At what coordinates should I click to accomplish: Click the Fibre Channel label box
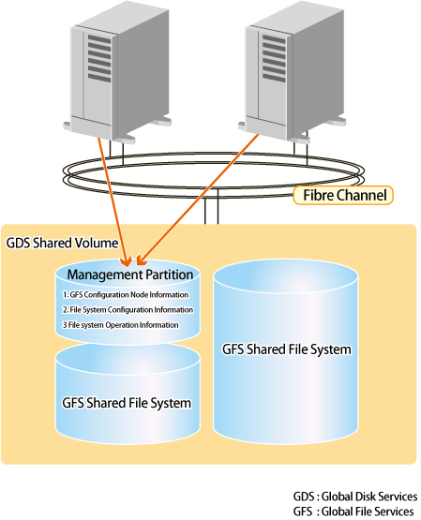[x=343, y=195]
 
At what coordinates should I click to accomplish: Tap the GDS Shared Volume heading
[x=62, y=243]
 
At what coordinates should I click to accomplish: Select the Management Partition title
[x=130, y=275]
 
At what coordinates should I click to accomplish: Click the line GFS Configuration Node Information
[x=126, y=294]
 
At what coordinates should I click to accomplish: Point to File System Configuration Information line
[x=128, y=310]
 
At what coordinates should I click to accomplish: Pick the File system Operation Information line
[x=121, y=325]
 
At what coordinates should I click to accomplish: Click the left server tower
[x=117, y=72]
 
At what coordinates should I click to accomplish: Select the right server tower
[x=292, y=72]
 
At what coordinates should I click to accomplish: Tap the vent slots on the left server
[x=99, y=58]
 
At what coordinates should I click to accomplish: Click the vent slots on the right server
[x=274, y=58]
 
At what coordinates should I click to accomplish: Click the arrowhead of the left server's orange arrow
[x=127, y=261]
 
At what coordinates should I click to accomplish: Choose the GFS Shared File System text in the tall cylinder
[x=287, y=349]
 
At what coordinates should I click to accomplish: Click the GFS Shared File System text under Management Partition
[x=127, y=403]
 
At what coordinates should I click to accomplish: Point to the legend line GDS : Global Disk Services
[x=355, y=497]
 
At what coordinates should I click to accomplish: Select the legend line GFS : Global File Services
[x=353, y=511]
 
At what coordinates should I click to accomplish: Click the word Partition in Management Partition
[x=170, y=275]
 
